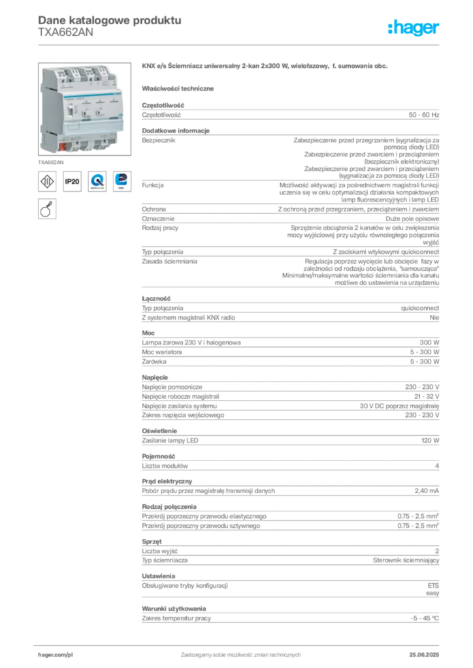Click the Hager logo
coord(413,27)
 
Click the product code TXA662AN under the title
coord(65,33)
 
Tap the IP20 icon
coord(72,181)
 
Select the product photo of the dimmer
coord(84,109)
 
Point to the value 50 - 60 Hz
coord(423,115)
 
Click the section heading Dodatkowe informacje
coord(176,130)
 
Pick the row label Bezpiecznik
coord(159,140)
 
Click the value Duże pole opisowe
coord(412,219)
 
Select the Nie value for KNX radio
coord(434,318)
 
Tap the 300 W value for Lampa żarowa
coord(429,342)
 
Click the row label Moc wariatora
coord(161,352)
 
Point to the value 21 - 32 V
coord(427,396)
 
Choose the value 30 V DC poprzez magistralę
coord(399,406)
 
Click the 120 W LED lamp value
coord(430,440)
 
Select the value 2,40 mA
coord(427,491)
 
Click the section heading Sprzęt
coord(152,541)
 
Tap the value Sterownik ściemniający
coord(406,560)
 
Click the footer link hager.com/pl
coord(56,655)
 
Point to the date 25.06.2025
coord(424,655)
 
